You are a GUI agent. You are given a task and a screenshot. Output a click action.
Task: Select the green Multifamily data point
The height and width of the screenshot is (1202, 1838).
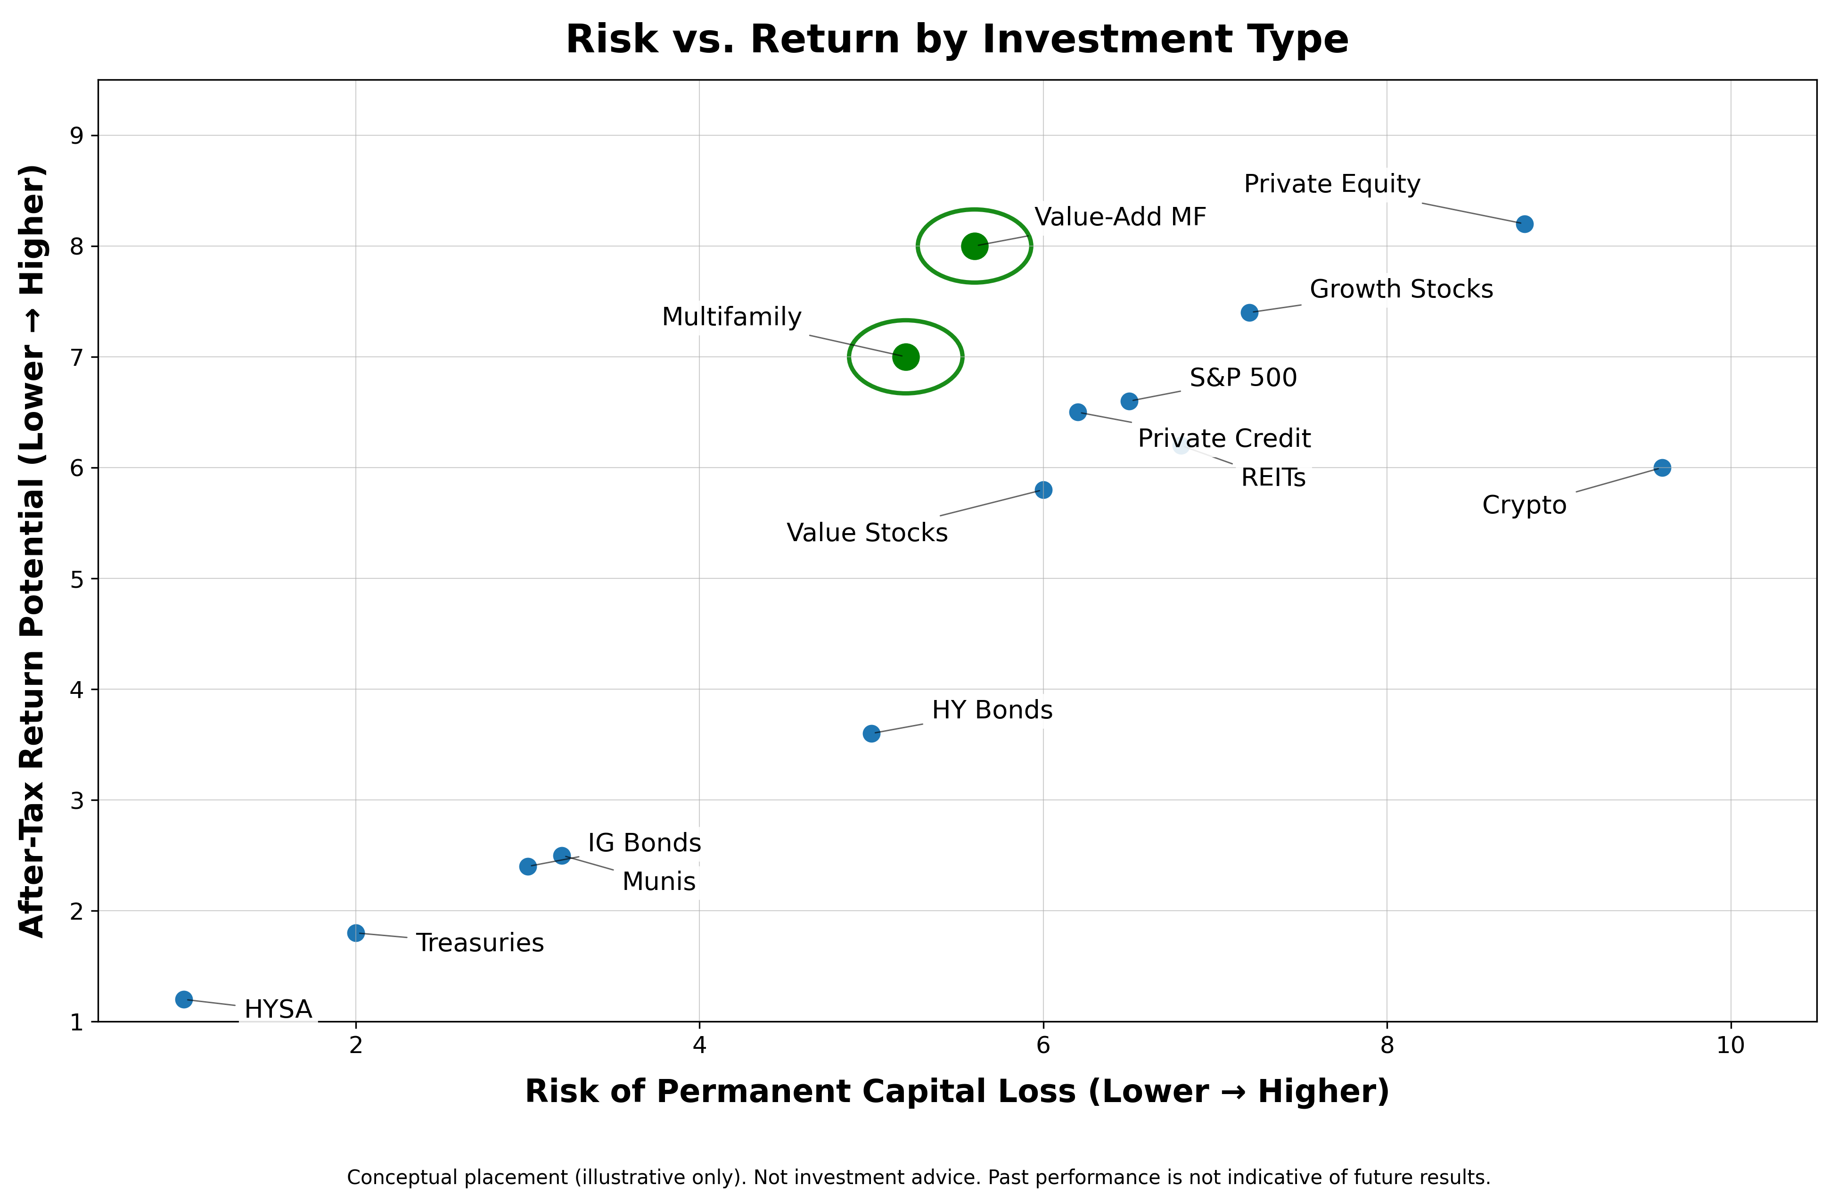[905, 357]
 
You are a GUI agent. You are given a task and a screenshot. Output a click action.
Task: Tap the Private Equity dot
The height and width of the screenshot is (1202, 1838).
[1525, 224]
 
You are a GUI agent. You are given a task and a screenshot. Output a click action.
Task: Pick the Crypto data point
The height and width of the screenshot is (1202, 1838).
[1662, 467]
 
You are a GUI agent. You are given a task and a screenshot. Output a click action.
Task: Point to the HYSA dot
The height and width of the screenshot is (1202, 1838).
[184, 1000]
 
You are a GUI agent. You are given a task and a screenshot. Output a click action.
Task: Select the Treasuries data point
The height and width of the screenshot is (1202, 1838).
[356, 933]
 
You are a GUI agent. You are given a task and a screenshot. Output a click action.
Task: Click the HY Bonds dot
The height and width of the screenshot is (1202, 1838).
[871, 733]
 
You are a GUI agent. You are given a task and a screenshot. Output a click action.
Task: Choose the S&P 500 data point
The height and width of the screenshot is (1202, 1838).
[1129, 402]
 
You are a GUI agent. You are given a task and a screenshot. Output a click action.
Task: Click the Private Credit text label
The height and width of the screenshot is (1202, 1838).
[1224, 439]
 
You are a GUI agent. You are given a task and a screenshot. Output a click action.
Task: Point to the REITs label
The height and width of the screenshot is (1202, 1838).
[1273, 478]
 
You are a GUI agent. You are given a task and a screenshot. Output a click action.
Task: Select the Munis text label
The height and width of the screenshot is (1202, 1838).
[659, 881]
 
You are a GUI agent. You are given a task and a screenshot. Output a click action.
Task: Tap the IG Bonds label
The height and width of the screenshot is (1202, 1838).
[644, 843]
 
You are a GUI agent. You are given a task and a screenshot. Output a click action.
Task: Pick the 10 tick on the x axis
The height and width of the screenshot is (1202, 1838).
[1731, 1045]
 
